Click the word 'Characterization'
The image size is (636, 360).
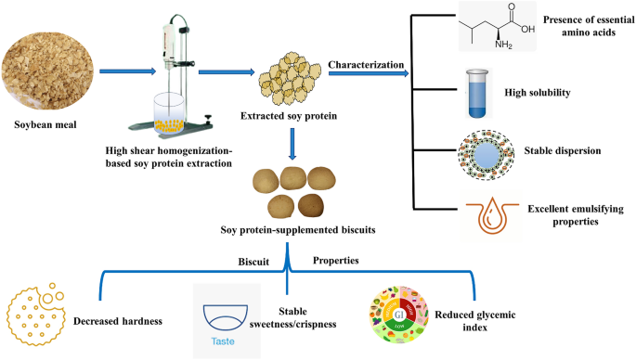pyautogui.click(x=365, y=64)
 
